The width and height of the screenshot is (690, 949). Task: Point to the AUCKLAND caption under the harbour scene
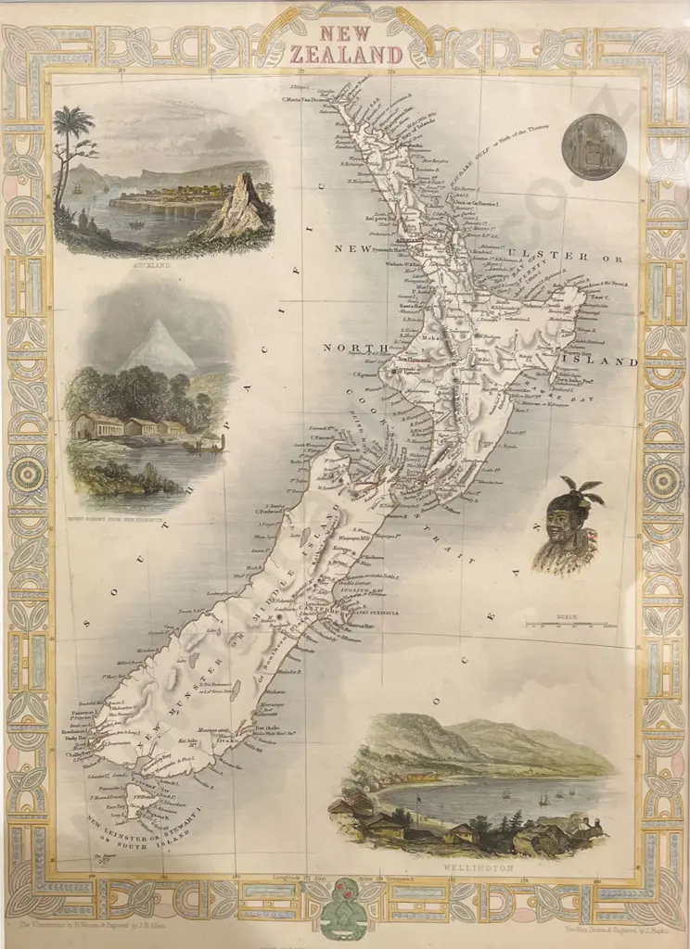tap(162, 263)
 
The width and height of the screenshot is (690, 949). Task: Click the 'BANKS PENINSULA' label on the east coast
tap(371, 609)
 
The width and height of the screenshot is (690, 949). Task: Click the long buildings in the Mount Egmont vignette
tap(130, 428)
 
